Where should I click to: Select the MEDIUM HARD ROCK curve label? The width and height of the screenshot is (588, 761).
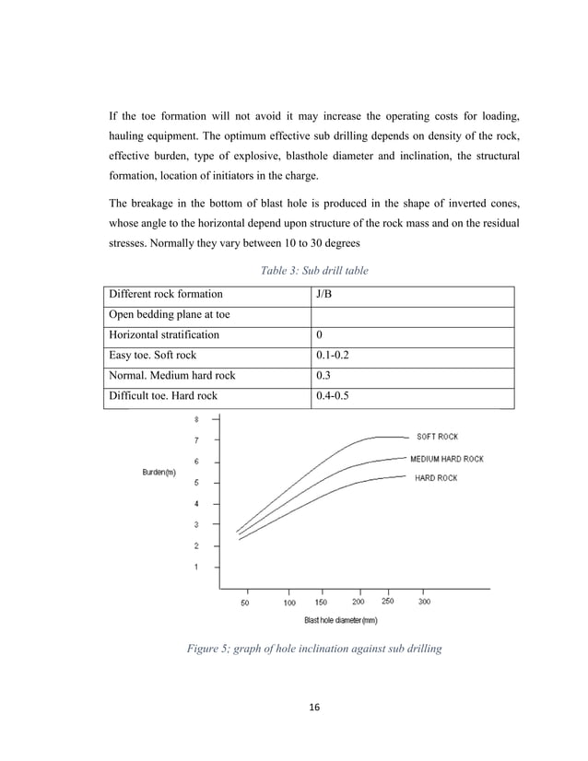(446, 458)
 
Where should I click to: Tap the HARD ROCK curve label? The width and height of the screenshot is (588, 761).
(437, 477)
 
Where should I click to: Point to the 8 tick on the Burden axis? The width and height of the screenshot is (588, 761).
(195, 419)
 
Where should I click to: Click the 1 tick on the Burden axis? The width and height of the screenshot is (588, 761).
(195, 567)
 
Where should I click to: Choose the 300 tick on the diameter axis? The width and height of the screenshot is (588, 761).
(424, 603)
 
